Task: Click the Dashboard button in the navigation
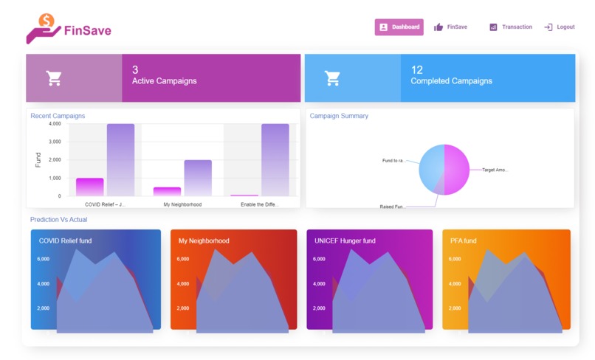pyautogui.click(x=399, y=27)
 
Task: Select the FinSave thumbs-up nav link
pyautogui.click(x=450, y=27)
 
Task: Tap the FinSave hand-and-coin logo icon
pyautogui.click(x=43, y=28)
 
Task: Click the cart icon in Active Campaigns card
pyautogui.click(x=53, y=77)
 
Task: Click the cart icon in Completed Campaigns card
pyautogui.click(x=332, y=77)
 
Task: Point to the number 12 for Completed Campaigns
pyautogui.click(x=417, y=70)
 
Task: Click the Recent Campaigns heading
pyautogui.click(x=58, y=116)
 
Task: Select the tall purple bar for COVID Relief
pyautogui.click(x=120, y=159)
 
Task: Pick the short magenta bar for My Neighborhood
pyautogui.click(x=167, y=191)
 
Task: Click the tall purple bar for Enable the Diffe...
pyautogui.click(x=275, y=159)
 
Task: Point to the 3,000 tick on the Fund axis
pyautogui.click(x=55, y=142)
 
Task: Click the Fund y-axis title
pyautogui.click(x=38, y=159)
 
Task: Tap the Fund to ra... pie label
pyautogui.click(x=393, y=161)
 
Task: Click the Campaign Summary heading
pyautogui.click(x=339, y=116)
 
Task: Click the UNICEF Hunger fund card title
pyautogui.click(x=344, y=240)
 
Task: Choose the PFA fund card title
pyautogui.click(x=464, y=240)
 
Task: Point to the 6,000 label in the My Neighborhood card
pyautogui.click(x=184, y=259)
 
